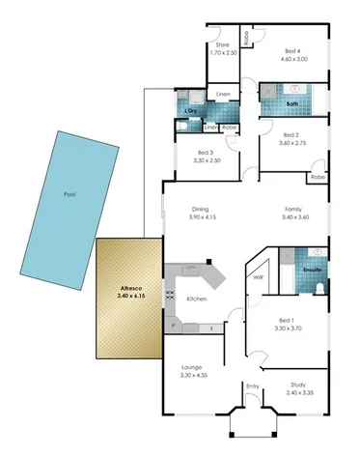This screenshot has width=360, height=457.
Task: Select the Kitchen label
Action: [197, 300]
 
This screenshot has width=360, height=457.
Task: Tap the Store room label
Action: [222, 44]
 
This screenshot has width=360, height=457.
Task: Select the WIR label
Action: [259, 277]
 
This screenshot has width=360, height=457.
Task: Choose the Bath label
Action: [291, 103]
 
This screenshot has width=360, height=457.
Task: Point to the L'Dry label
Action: [191, 112]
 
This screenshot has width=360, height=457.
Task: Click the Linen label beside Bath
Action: [223, 94]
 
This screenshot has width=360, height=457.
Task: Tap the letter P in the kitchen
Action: [173, 328]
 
